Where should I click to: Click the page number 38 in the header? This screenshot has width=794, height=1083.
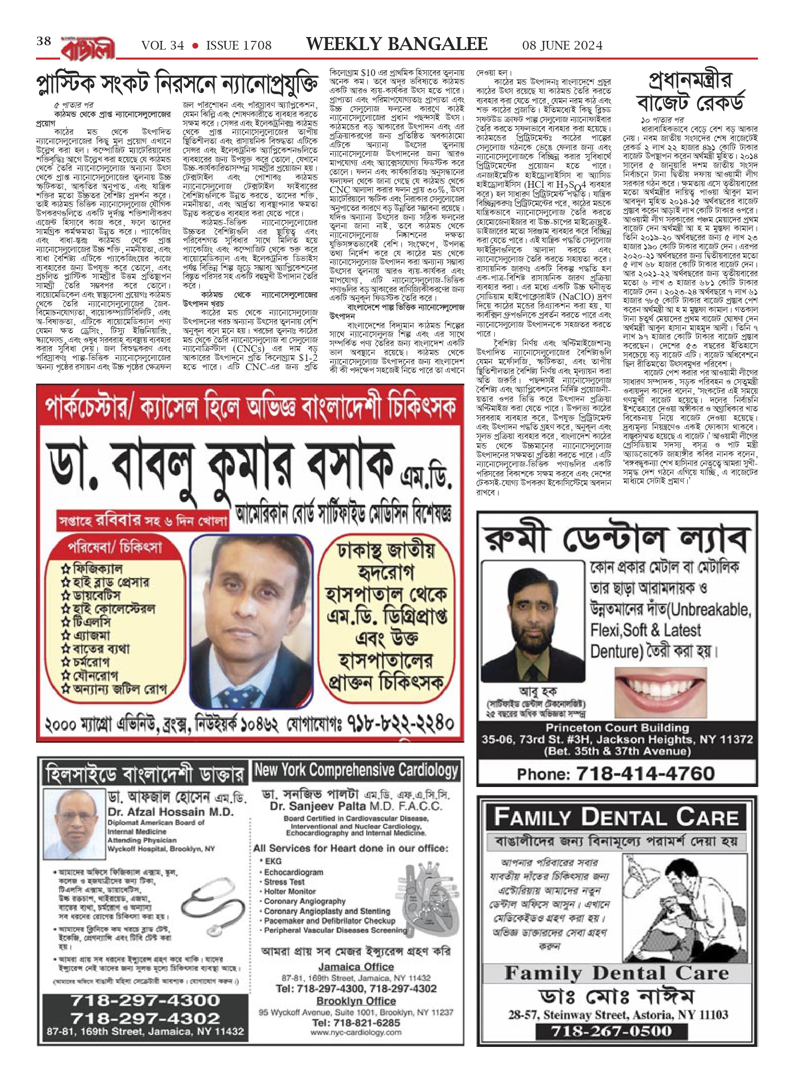(44, 42)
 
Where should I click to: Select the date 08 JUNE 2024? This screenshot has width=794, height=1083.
(563, 45)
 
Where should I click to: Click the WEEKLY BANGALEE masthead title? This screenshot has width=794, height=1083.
(397, 44)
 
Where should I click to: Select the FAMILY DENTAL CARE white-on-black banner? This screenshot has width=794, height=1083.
(616, 817)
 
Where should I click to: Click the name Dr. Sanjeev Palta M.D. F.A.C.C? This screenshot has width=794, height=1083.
(356, 806)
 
